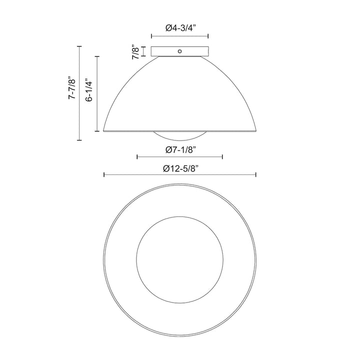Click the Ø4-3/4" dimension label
(x=179, y=28)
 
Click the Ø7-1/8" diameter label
(x=179, y=148)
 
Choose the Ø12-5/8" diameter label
(x=180, y=168)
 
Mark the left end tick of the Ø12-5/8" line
(x=103, y=174)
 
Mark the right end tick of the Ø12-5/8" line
(x=256, y=174)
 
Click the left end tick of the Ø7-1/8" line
(x=137, y=157)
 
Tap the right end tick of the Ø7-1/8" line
(x=222, y=157)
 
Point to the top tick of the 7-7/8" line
(x=79, y=46)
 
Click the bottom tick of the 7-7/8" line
(x=79, y=140)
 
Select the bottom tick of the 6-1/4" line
(x=96, y=131)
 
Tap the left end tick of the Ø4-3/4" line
(x=151, y=36)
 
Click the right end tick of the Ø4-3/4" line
(x=208, y=36)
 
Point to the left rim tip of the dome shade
(x=103, y=131)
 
